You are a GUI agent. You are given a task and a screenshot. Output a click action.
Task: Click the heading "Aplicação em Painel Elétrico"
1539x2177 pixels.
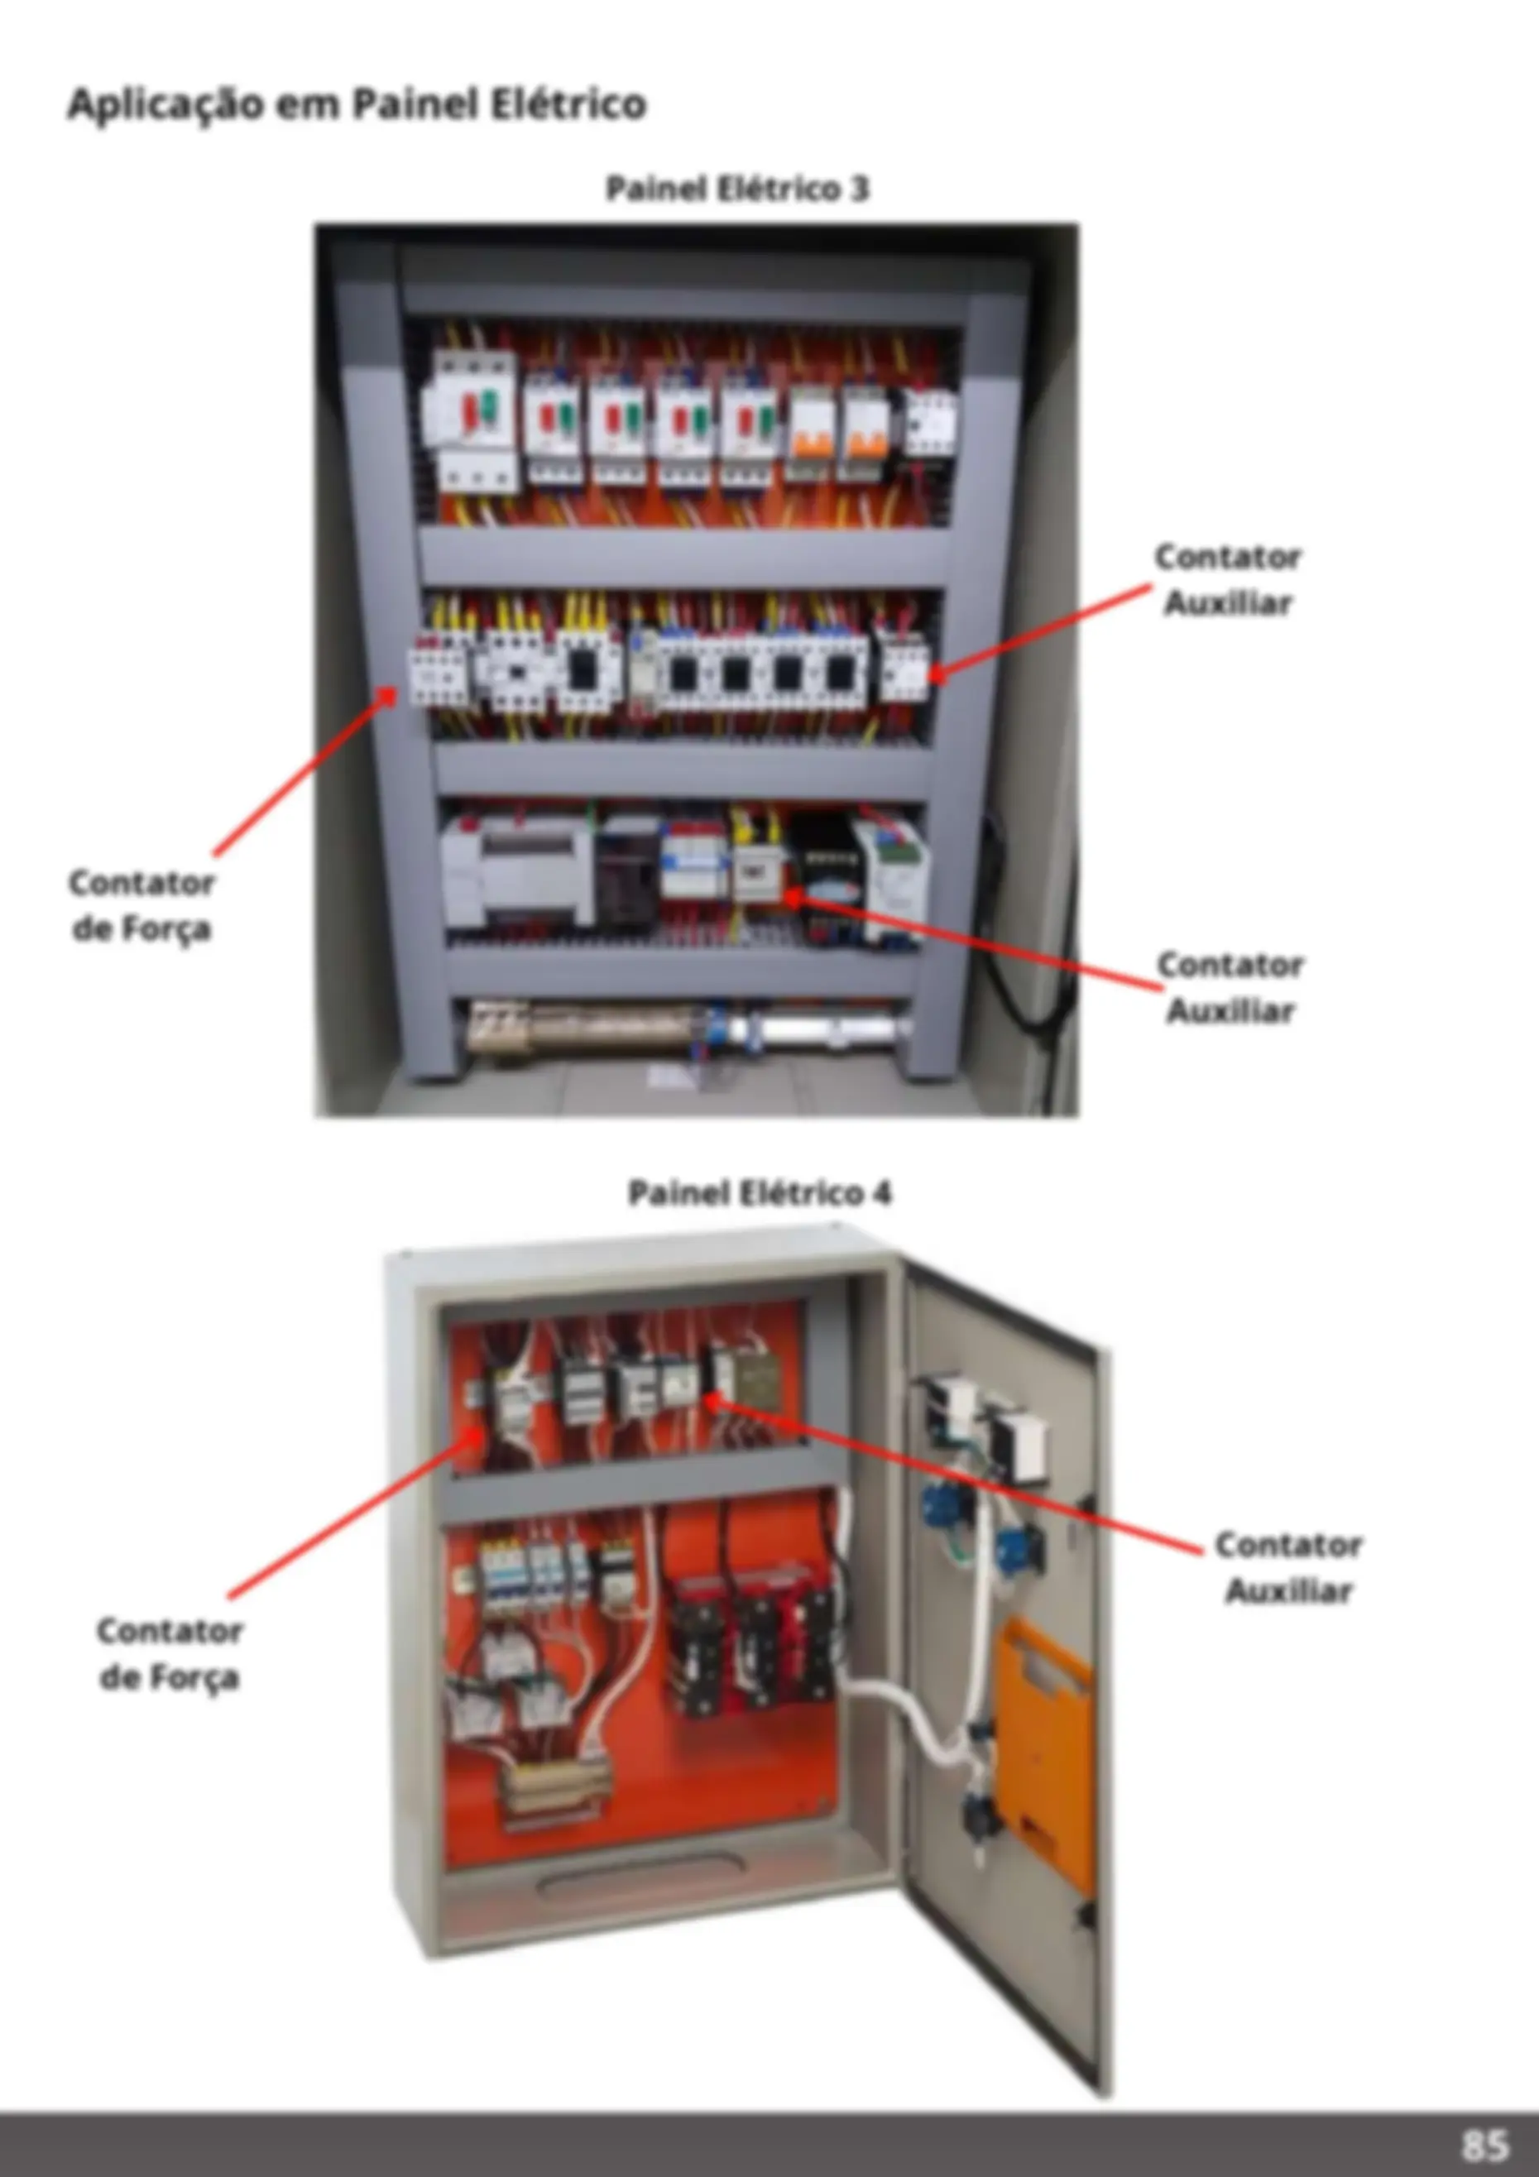[x=357, y=103]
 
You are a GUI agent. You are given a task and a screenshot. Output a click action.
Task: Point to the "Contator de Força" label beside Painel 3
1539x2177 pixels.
[x=141, y=904]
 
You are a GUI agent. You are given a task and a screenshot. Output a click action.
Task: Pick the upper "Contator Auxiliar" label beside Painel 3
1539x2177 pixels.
[x=1228, y=579]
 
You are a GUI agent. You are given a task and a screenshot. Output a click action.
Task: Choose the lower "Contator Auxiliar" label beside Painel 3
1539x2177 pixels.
[x=1230, y=987]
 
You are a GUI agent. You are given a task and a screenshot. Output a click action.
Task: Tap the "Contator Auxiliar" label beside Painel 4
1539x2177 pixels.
[x=1288, y=1567]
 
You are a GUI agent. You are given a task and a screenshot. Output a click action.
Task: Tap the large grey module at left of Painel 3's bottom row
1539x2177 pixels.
[x=518, y=870]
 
